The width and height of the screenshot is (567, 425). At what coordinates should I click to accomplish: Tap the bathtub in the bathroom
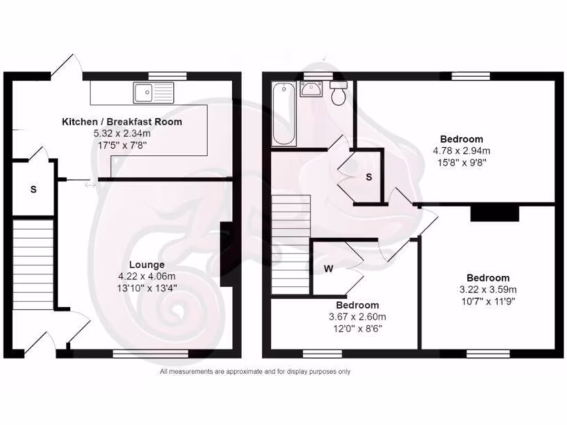pos(283,114)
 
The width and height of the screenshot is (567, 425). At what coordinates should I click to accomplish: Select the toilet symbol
pos(338,93)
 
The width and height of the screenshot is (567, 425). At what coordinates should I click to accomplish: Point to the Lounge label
pos(147,265)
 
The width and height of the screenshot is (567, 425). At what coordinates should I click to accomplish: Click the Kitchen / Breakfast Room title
pos(122,122)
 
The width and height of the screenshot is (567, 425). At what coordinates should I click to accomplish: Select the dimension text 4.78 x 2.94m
pos(461,150)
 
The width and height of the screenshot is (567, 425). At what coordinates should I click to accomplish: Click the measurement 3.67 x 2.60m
pos(358,317)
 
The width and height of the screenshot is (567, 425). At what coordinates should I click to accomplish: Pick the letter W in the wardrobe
pos(328,269)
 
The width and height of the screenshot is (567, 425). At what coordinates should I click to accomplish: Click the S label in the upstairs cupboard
pos(368,177)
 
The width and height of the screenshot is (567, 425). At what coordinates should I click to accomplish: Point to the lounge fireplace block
pos(226,254)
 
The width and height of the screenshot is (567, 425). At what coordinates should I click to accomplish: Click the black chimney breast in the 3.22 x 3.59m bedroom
pos(494,213)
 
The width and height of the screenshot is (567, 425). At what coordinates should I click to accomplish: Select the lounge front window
pos(151,353)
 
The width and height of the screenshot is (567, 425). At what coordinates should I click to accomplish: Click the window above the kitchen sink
pos(167,76)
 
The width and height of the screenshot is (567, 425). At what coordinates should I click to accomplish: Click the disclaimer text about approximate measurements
pos(255,372)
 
